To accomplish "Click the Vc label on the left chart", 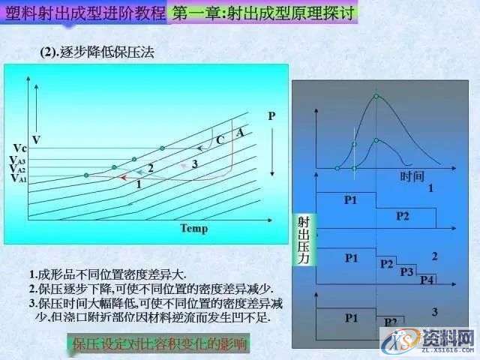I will [x=20, y=148].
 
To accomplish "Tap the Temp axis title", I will [x=193, y=228].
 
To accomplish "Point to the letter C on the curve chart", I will [x=220, y=139].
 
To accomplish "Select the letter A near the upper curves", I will [x=240, y=132].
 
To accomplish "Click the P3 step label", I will [x=407, y=271].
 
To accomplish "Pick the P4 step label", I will [x=427, y=280].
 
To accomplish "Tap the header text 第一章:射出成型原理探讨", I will [x=263, y=13].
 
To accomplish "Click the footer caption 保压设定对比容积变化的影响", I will [x=160, y=344].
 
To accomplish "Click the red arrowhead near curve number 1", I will [x=122, y=177].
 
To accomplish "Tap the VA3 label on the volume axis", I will [x=18, y=160].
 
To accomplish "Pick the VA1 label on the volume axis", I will [x=18, y=179].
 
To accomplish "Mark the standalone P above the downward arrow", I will [x=271, y=116].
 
